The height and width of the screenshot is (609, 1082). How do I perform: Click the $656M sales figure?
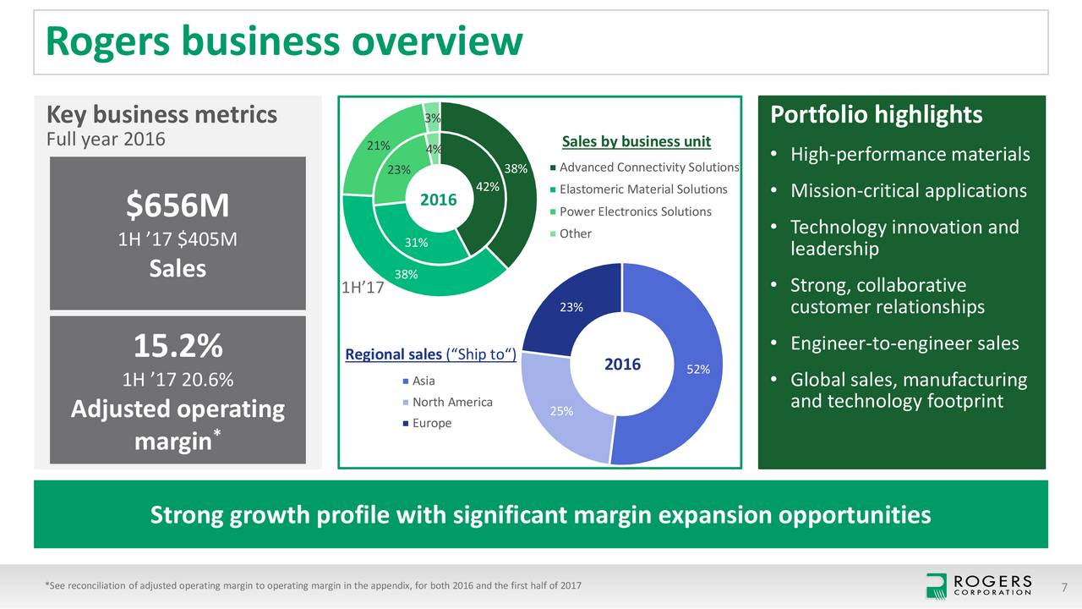click(x=178, y=206)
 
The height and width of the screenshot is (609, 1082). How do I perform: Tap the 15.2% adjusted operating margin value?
click(x=178, y=346)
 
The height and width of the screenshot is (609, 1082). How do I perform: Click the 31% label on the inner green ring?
click(x=415, y=243)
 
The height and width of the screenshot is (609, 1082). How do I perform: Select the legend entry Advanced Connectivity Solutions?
click(x=648, y=167)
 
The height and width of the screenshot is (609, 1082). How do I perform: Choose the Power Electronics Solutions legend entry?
click(x=635, y=211)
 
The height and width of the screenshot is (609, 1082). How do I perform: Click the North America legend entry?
click(x=452, y=402)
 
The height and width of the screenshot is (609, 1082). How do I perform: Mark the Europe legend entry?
click(x=431, y=423)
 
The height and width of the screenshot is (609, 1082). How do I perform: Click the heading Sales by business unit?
click(x=637, y=141)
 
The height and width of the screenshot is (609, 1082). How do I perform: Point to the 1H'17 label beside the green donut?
click(x=363, y=288)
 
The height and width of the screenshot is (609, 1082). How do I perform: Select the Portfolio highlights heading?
click(x=877, y=115)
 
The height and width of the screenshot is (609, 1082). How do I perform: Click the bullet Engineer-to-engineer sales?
click(x=904, y=343)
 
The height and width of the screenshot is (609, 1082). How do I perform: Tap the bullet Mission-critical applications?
click(x=908, y=191)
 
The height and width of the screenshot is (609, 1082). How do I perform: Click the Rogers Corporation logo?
click(x=978, y=585)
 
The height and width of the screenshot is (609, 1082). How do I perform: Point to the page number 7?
click(x=1064, y=587)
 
